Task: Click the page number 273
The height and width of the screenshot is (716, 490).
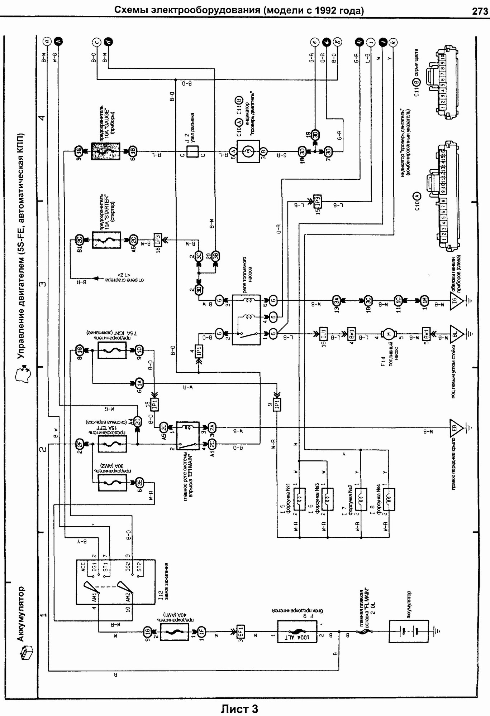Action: [480, 11]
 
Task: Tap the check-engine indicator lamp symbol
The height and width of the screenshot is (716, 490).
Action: [248, 152]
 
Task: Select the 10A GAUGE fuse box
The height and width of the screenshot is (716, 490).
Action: [105, 151]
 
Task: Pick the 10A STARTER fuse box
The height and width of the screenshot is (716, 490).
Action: [106, 240]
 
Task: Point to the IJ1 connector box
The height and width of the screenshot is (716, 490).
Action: [323, 333]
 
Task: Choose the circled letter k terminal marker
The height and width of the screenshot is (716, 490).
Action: [394, 42]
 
